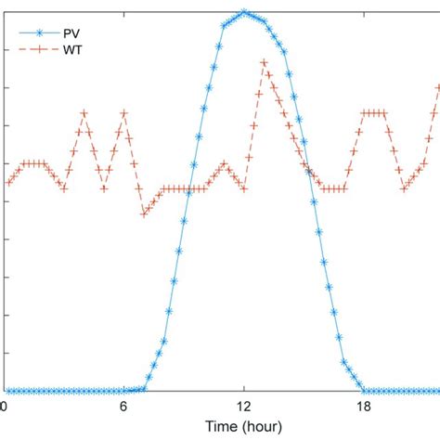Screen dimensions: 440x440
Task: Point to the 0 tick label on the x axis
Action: click(x=6, y=406)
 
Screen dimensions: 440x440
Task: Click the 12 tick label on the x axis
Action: click(x=243, y=406)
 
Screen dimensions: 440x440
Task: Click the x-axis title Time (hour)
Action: click(x=243, y=428)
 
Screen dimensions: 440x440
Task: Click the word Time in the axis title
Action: click(x=224, y=428)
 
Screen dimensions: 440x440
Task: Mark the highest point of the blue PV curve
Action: click(x=243, y=12)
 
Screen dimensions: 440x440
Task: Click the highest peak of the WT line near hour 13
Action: click(x=264, y=63)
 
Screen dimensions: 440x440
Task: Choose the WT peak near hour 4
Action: click(x=84, y=113)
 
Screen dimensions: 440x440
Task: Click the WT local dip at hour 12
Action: click(x=243, y=188)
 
